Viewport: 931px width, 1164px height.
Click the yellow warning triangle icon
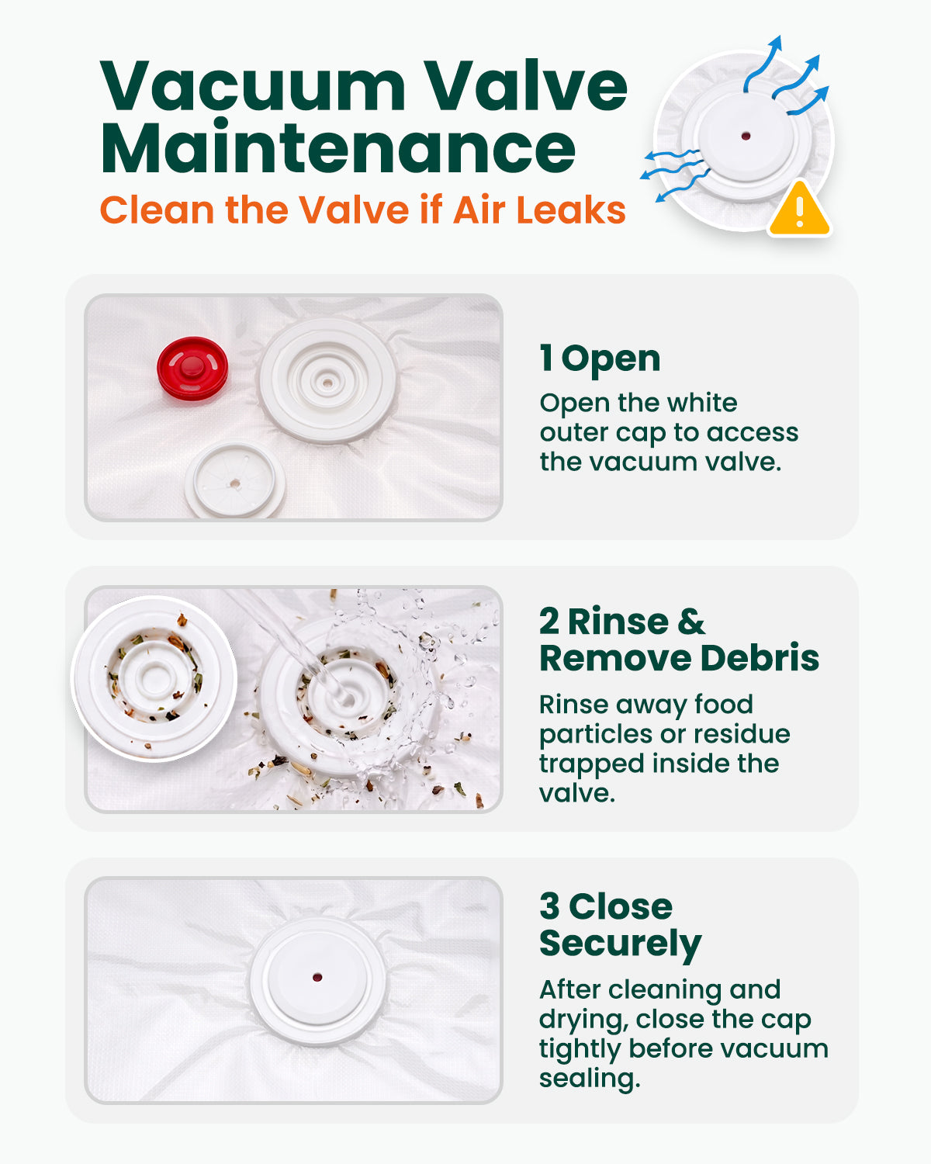click(799, 210)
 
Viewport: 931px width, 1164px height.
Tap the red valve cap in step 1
click(192, 368)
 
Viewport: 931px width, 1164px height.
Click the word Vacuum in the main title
click(253, 87)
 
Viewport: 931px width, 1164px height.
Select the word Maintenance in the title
click(337, 147)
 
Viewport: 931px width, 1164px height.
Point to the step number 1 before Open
click(546, 358)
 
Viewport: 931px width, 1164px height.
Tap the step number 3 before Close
click(549, 906)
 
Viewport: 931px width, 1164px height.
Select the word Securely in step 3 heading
click(621, 945)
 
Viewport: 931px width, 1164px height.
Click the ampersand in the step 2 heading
click(691, 622)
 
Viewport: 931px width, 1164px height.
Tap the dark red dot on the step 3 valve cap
click(317, 977)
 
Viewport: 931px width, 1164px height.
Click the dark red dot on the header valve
click(746, 136)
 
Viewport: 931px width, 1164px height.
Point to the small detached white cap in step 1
click(235, 480)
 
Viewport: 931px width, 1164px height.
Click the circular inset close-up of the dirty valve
click(154, 678)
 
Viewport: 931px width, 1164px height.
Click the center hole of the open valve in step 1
click(327, 383)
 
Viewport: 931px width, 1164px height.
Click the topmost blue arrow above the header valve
click(762, 64)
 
